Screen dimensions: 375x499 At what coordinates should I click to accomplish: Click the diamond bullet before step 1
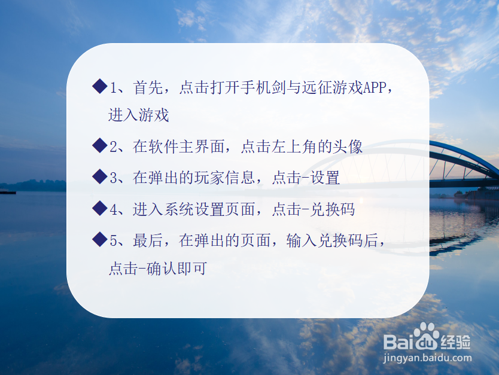[x=99, y=87]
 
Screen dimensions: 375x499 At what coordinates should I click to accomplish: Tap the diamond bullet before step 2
[x=99, y=146]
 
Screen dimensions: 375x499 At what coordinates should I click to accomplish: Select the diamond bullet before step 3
[x=99, y=177]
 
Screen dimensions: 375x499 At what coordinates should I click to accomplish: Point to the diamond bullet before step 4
[x=99, y=209]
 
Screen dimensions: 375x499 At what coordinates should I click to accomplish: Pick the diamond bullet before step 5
[x=99, y=240]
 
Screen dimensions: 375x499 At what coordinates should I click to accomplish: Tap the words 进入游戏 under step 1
[x=139, y=115]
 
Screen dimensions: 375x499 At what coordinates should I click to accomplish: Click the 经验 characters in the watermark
[x=456, y=342]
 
